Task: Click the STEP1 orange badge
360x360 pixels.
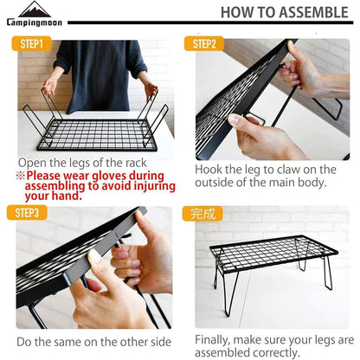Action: pos(31,44)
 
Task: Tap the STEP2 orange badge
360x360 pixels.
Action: pos(204,44)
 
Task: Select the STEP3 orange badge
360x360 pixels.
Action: pos(27,213)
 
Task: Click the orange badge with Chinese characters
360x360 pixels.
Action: pos(202,214)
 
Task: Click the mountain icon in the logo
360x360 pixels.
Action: pos(35,10)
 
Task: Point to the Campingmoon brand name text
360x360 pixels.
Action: pos(35,22)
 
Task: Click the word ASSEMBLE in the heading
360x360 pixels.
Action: pos(313,12)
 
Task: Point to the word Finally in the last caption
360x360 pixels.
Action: pos(213,340)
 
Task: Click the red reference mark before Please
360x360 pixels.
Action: pos(21,176)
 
